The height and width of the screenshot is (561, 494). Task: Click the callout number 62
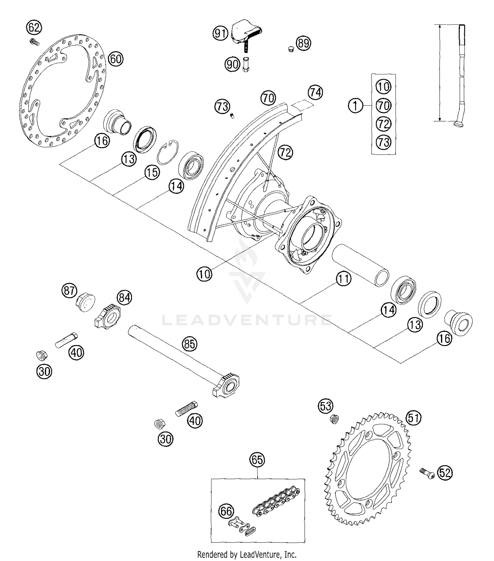pyautogui.click(x=34, y=28)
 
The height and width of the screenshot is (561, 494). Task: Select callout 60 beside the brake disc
pyautogui.click(x=115, y=59)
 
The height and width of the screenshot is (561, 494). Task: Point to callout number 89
pyautogui.click(x=303, y=43)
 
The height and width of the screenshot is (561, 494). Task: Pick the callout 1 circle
pyautogui.click(x=355, y=106)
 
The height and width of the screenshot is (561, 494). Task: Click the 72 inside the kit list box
pyautogui.click(x=383, y=124)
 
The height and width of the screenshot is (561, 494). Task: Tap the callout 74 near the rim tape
pyautogui.click(x=315, y=92)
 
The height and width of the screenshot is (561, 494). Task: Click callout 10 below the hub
pyautogui.click(x=204, y=274)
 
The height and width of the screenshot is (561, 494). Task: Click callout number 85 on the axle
pyautogui.click(x=189, y=344)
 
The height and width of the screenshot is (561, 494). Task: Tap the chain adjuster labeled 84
pyautogui.click(x=108, y=316)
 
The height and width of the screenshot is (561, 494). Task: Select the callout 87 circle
pyautogui.click(x=69, y=291)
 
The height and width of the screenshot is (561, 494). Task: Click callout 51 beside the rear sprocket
pyautogui.click(x=414, y=418)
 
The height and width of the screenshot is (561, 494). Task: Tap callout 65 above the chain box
pyautogui.click(x=257, y=460)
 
